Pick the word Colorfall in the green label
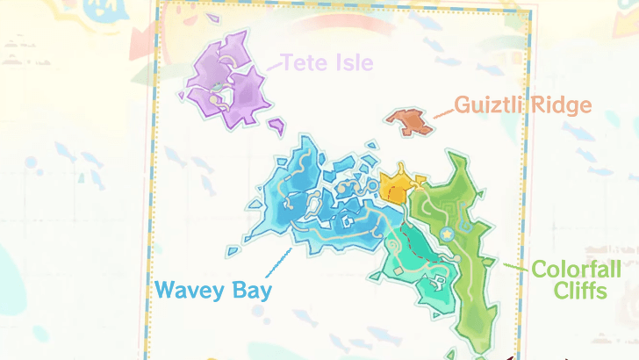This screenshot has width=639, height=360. (x=575, y=269)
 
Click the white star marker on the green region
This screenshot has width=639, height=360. (x=448, y=234)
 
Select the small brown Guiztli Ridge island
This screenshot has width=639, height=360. (x=409, y=122)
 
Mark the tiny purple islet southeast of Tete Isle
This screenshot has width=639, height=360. (x=276, y=128)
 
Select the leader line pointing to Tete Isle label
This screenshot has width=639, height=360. (x=271, y=67)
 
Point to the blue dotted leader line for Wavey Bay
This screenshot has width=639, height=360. (x=277, y=261)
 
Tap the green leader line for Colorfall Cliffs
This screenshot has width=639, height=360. (x=516, y=265)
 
